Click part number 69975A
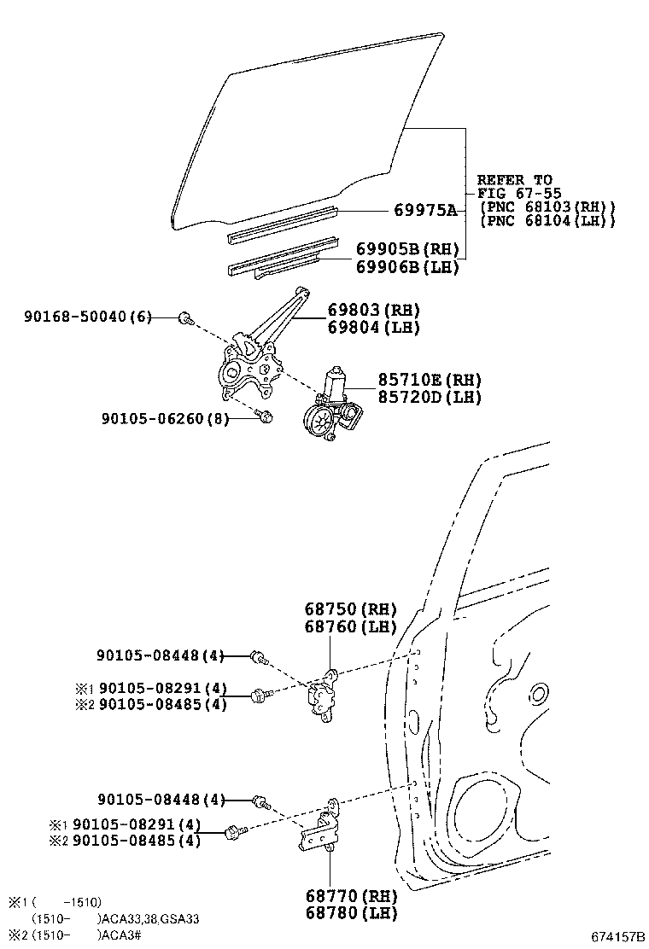coord(424,210)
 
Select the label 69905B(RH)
coord(406,250)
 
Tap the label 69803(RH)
coord(374,310)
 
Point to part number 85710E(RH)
coord(418,380)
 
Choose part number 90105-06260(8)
coord(165,418)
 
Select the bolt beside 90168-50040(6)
coord(184,318)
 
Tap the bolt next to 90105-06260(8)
coord(265,416)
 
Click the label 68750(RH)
coord(351,609)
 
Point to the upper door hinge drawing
coord(323,696)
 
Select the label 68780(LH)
coord(351,913)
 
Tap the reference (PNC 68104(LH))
coord(547,221)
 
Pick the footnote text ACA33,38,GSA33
coord(150,918)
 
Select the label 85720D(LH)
coord(418,397)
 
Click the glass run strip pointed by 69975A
coord(282,221)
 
